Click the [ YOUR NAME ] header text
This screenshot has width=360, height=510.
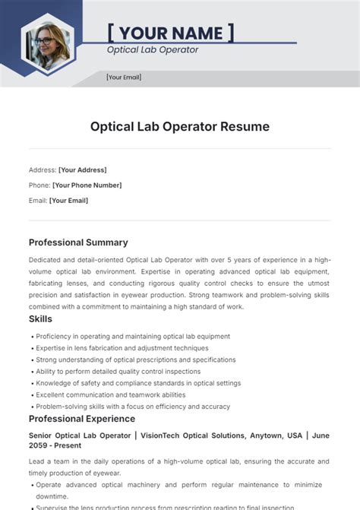(x=171, y=33)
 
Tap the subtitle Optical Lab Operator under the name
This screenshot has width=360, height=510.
(x=153, y=50)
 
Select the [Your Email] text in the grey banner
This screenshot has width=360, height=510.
(x=124, y=77)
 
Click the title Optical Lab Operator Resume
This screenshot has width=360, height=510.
(x=180, y=126)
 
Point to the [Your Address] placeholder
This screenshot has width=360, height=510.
(x=83, y=169)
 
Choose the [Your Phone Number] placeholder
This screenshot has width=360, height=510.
(x=87, y=185)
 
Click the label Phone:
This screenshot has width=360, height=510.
(x=39, y=185)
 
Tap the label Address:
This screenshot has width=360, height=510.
(x=43, y=169)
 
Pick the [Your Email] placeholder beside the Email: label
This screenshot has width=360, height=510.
(x=69, y=201)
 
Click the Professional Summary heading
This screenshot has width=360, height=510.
(x=78, y=242)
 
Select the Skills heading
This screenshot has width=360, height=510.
(x=42, y=319)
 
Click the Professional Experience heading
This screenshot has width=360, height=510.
(x=83, y=419)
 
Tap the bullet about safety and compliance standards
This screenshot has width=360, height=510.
(x=138, y=383)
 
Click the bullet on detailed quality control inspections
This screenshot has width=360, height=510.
(x=118, y=372)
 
